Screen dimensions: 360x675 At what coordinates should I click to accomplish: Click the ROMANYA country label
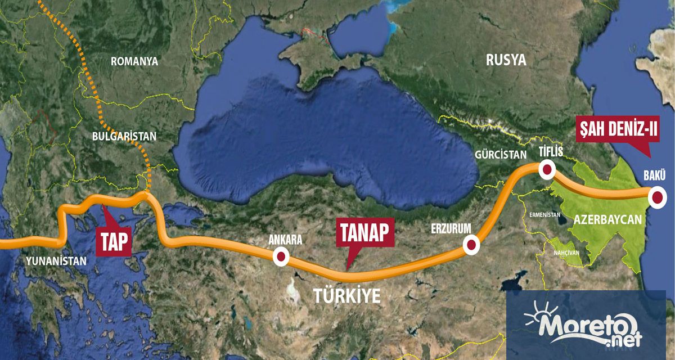pyautogui.click(x=135, y=61)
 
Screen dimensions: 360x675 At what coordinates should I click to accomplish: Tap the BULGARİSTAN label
pyautogui.click(x=125, y=136)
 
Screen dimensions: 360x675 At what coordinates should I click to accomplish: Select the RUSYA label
pyautogui.click(x=506, y=60)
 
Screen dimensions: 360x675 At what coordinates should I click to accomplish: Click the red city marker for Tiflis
pyautogui.click(x=547, y=168)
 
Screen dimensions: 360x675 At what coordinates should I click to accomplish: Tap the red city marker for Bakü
pyautogui.click(x=656, y=197)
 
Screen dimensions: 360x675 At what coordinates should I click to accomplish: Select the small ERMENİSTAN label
pyautogui.click(x=544, y=215)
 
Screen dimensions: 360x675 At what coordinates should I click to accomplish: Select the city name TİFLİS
pyautogui.click(x=551, y=151)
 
